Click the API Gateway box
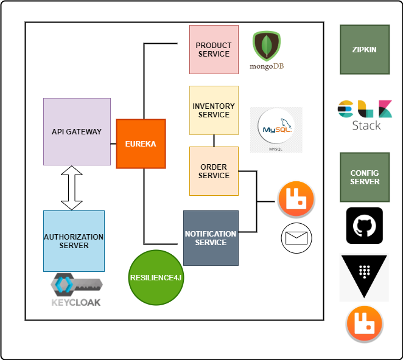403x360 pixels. click(x=77, y=131)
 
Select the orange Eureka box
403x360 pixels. click(x=141, y=144)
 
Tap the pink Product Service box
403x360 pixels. click(x=214, y=49)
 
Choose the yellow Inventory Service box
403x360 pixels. click(x=214, y=110)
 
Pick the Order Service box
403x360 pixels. click(x=214, y=171)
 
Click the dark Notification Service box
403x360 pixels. click(x=211, y=238)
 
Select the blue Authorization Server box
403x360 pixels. click(x=74, y=241)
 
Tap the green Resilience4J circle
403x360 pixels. click(x=156, y=277)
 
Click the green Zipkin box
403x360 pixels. click(x=365, y=49)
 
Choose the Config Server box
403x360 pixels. click(x=365, y=177)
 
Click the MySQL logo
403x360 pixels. click(x=276, y=130)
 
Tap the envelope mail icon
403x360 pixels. click(x=296, y=238)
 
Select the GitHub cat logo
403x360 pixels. click(x=364, y=226)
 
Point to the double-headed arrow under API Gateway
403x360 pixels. click(x=72, y=188)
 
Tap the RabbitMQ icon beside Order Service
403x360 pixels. click(x=296, y=199)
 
